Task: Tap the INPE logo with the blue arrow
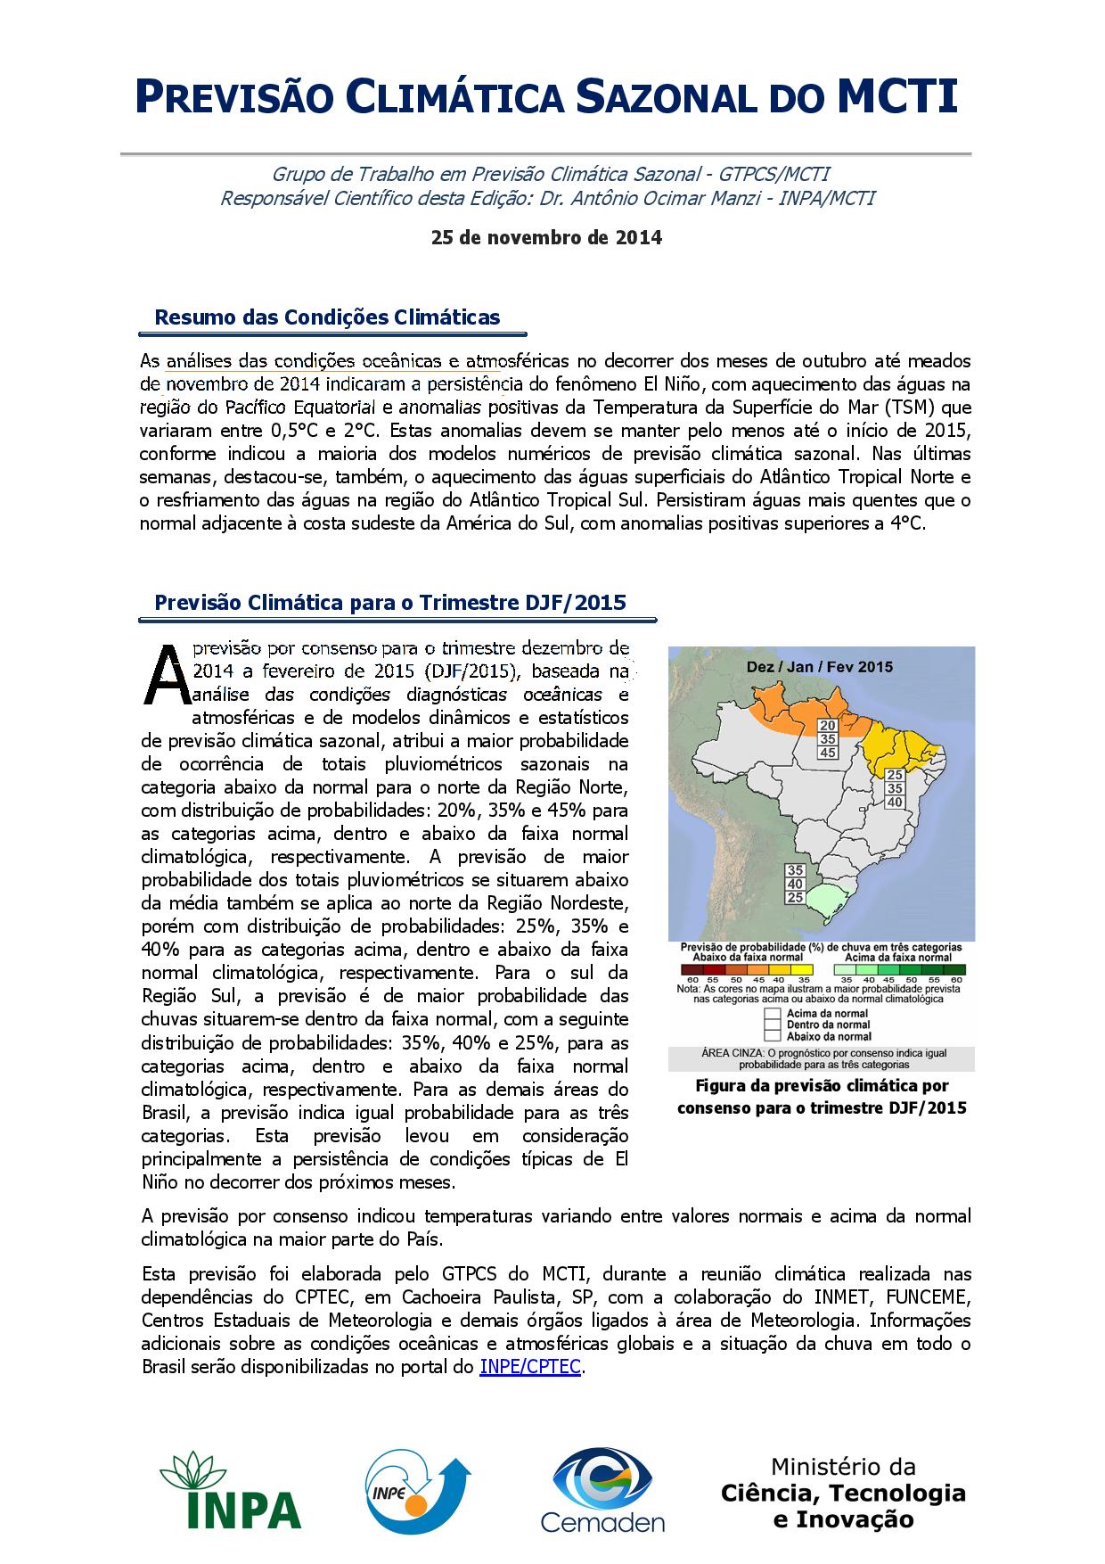(419, 1489)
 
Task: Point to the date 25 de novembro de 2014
(546, 238)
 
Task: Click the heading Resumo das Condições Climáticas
(327, 317)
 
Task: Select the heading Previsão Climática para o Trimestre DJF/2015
(390, 603)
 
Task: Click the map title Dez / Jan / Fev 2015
(819, 666)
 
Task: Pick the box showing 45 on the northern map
(828, 753)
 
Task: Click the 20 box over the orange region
(828, 726)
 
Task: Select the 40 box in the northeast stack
(895, 802)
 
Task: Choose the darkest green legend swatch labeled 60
(955, 969)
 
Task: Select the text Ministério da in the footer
(843, 1467)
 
